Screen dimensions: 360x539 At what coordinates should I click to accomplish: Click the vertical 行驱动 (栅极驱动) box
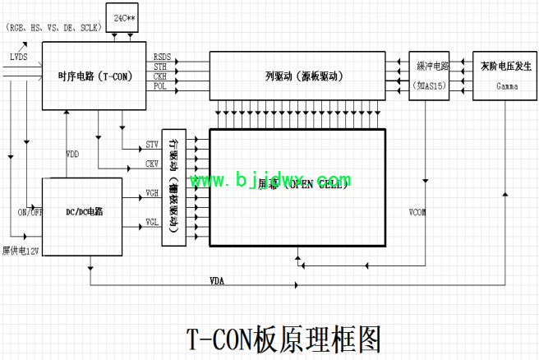(173, 187)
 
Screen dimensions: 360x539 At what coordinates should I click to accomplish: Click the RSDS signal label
(162, 56)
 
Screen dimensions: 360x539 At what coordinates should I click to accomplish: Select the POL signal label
(160, 85)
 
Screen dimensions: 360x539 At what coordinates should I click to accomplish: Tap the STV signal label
(152, 145)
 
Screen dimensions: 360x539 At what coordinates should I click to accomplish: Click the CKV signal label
(152, 164)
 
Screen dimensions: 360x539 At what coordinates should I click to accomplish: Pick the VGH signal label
(152, 193)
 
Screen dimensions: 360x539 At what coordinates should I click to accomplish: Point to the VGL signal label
(152, 222)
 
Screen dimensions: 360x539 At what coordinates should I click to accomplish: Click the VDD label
(73, 155)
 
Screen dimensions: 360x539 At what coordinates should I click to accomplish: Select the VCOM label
(417, 212)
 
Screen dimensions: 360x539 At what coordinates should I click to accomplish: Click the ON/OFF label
(29, 212)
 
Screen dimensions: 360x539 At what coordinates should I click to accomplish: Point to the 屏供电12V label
(21, 250)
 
